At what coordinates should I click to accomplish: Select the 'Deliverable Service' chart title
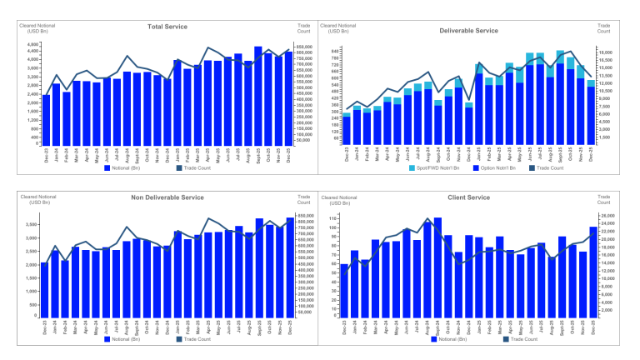(x=468, y=30)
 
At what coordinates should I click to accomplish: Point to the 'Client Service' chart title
(x=467, y=197)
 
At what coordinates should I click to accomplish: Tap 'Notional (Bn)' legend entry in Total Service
(x=127, y=167)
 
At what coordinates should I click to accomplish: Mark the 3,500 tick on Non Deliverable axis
(x=31, y=224)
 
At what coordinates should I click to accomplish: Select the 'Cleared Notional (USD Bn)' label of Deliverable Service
(x=336, y=29)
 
